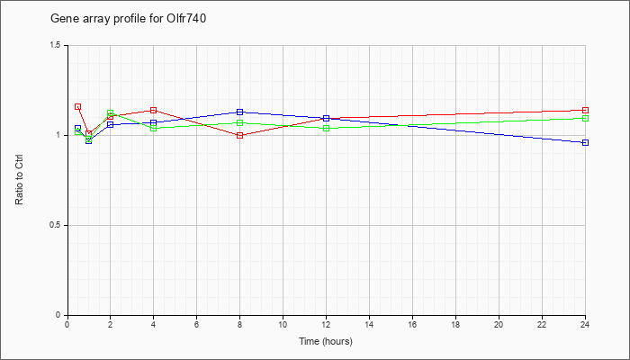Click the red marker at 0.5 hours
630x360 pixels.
click(x=78, y=107)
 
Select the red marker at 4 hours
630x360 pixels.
click(x=154, y=111)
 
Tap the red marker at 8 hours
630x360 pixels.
click(x=240, y=135)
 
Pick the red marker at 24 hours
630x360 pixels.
click(x=585, y=111)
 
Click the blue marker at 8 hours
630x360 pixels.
click(x=240, y=112)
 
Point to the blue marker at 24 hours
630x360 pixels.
click(x=585, y=142)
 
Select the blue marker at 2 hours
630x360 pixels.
click(x=111, y=124)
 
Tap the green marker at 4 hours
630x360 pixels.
click(x=154, y=128)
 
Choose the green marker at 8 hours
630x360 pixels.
click(x=240, y=123)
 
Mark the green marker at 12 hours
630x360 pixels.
click(x=326, y=128)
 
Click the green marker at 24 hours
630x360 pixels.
click(x=585, y=119)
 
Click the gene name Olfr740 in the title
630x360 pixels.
click(x=186, y=19)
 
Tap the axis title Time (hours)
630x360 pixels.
click(x=326, y=341)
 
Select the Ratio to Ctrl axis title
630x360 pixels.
click(x=19, y=180)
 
